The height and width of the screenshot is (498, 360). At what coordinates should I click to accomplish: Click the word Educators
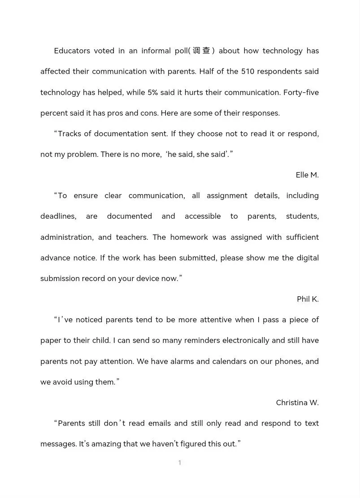click(72, 51)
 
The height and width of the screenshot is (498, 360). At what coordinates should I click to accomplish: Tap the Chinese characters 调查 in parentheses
click(202, 51)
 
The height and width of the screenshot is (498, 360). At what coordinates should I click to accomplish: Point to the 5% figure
click(153, 92)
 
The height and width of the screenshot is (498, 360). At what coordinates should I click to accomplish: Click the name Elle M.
click(307, 175)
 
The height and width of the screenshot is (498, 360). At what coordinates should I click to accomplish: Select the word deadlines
click(58, 216)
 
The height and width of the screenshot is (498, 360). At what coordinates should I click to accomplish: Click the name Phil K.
click(308, 299)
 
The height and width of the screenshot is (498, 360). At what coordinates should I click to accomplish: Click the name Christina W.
click(297, 403)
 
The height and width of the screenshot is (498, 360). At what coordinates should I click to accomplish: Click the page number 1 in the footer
click(180, 463)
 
